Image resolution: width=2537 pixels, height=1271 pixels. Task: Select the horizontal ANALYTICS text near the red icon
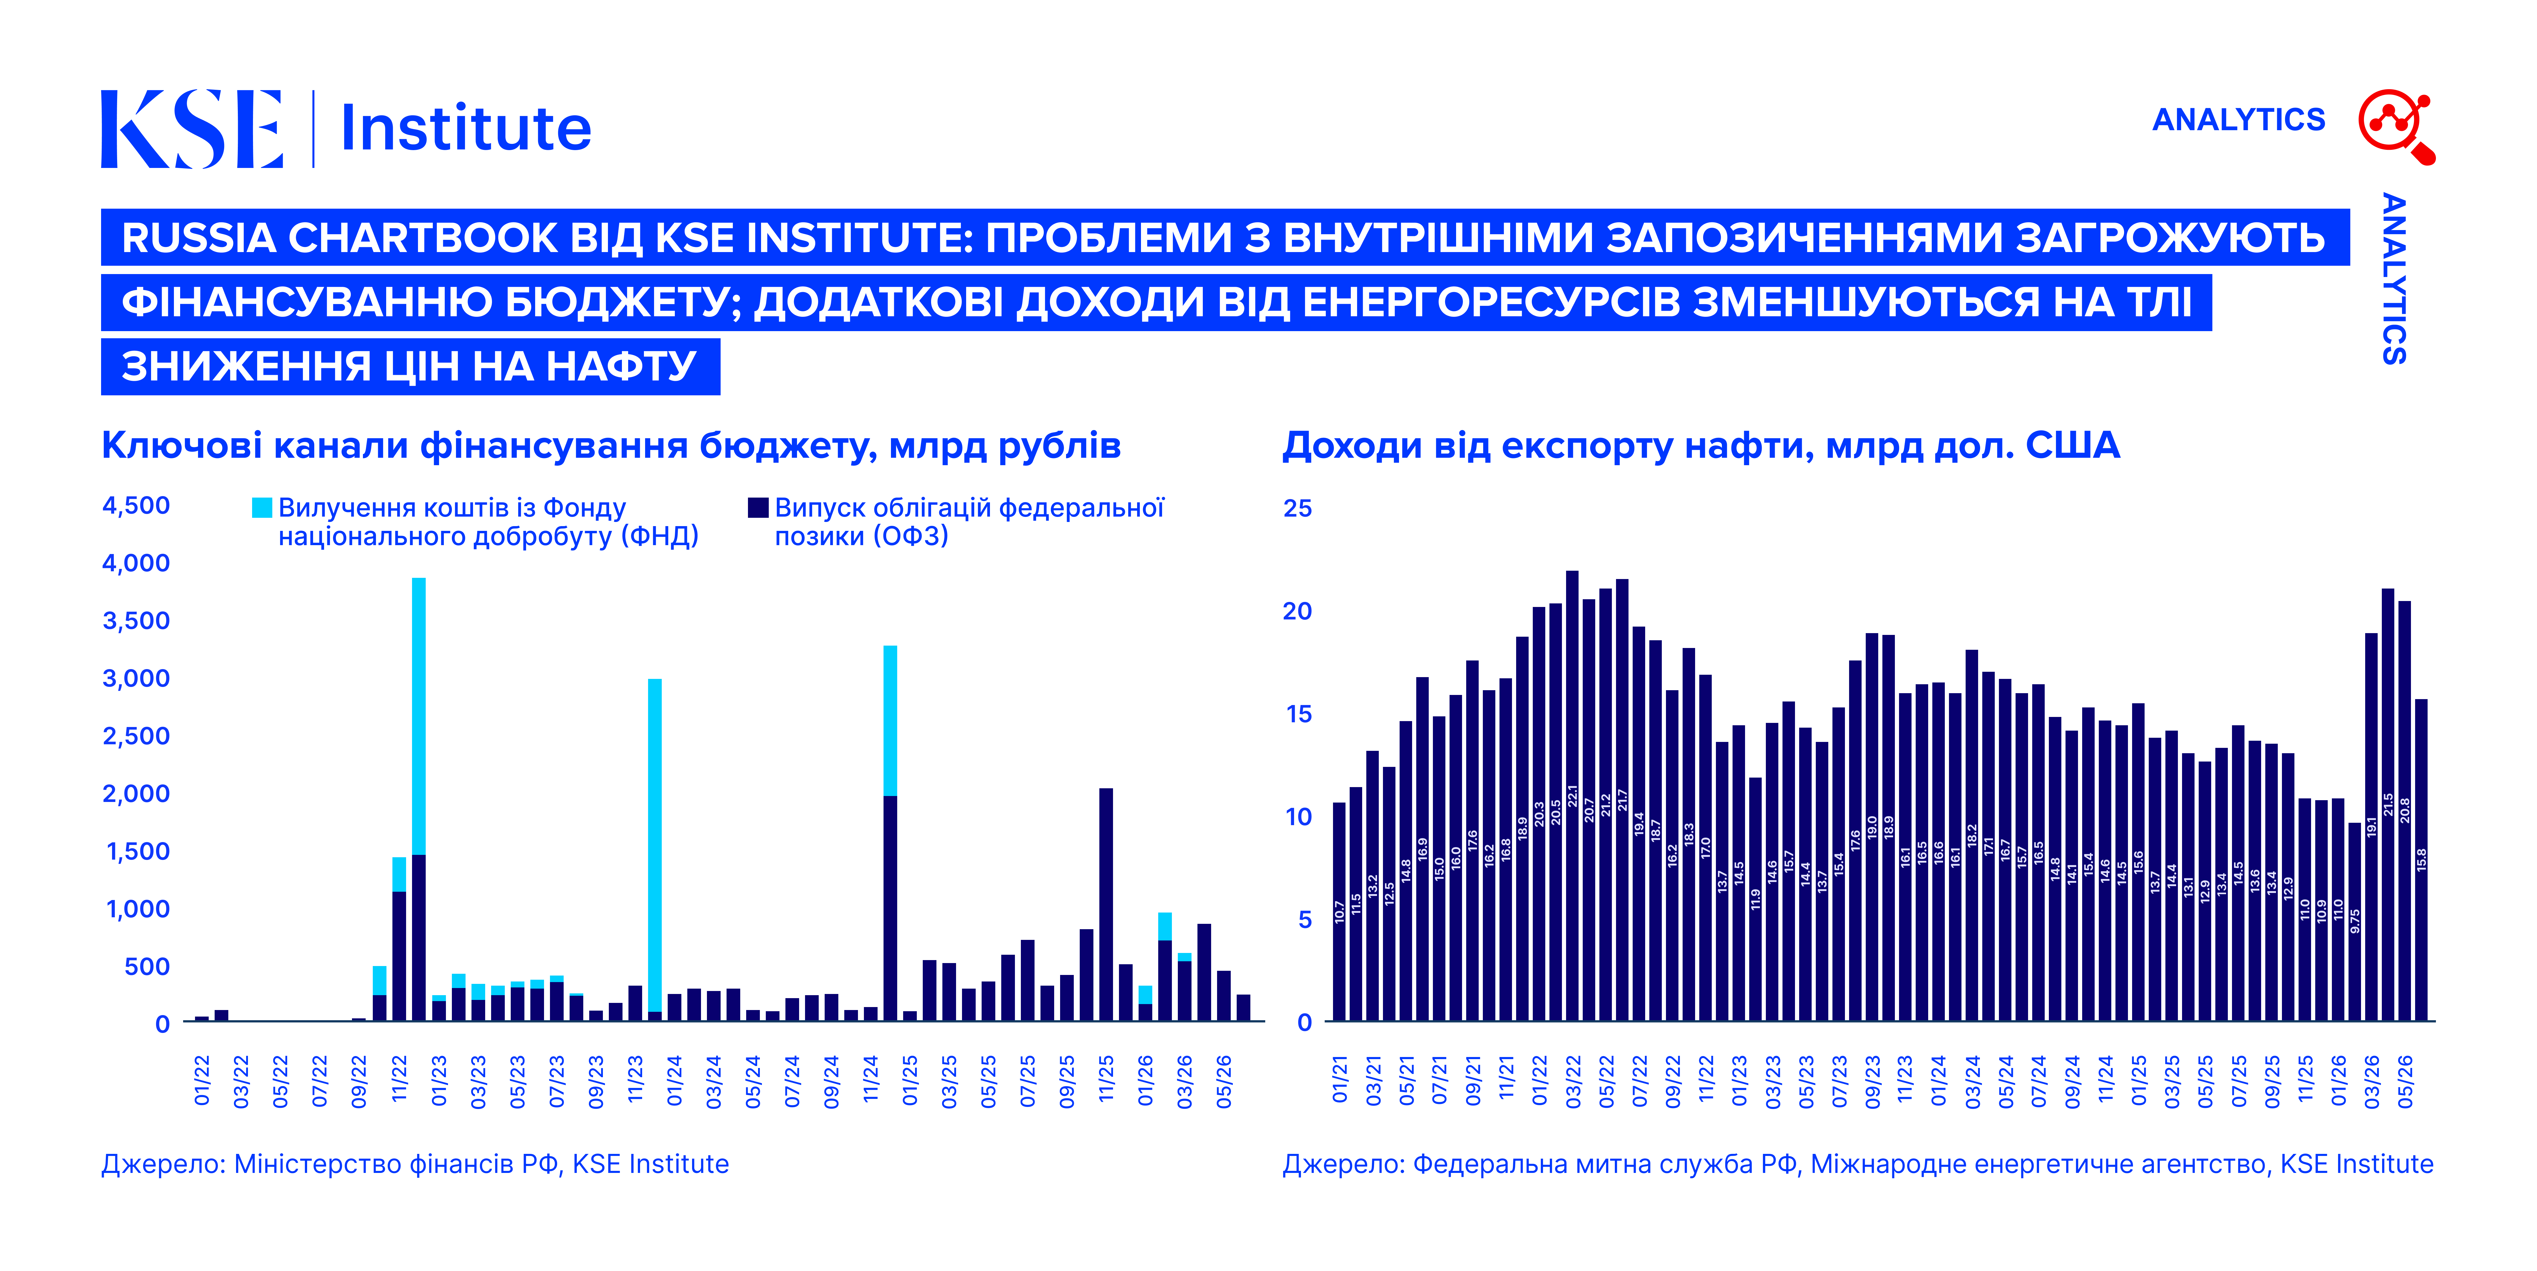pyautogui.click(x=2239, y=119)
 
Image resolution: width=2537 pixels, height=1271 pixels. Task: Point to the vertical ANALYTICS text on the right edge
pyautogui.click(x=2394, y=279)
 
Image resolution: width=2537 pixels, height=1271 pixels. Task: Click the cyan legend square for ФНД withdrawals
pyautogui.click(x=262, y=508)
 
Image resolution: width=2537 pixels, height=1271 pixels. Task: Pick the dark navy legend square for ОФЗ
pyautogui.click(x=758, y=508)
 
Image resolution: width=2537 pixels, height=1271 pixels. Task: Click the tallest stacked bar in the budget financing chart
pyautogui.click(x=419, y=799)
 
